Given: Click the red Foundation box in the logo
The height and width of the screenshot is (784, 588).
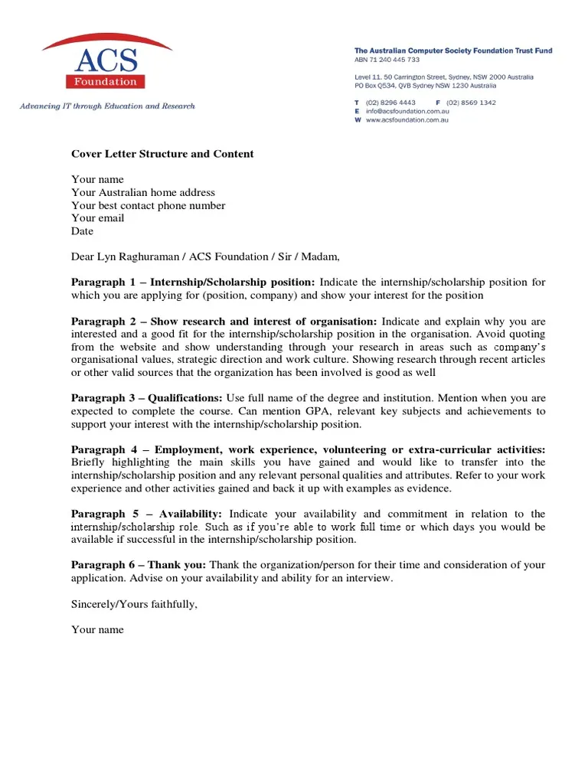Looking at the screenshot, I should (106, 81).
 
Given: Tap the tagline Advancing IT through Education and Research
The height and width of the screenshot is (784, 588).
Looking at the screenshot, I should (107, 106).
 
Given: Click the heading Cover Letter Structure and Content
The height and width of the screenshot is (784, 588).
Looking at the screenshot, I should (162, 154).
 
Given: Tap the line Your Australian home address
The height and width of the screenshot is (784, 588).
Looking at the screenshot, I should (143, 193).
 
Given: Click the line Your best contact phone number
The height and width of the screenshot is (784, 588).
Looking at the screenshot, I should (149, 206).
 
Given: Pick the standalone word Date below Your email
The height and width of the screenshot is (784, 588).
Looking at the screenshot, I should (82, 231).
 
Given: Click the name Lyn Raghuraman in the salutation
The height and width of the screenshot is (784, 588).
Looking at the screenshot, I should (138, 256).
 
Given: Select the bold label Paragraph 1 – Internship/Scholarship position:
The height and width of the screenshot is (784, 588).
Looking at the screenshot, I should (193, 283).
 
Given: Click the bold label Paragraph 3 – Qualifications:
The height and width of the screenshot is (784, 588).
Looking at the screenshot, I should (147, 398).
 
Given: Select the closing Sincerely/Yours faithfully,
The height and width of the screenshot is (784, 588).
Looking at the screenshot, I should (135, 604).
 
